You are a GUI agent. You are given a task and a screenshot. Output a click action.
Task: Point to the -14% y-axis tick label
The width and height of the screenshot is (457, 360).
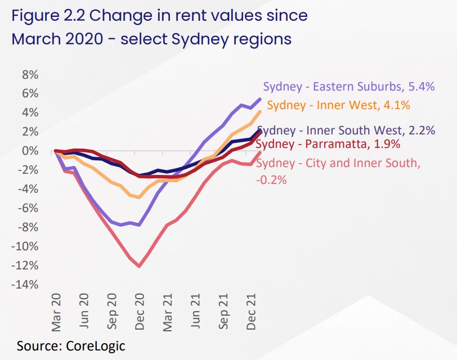27,285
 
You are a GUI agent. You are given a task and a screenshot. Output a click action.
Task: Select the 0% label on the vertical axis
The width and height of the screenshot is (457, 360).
30,151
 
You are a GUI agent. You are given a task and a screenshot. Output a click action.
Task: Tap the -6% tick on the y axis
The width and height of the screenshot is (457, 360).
29,208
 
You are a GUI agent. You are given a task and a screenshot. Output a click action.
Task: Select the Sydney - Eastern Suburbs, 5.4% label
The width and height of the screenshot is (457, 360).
349,87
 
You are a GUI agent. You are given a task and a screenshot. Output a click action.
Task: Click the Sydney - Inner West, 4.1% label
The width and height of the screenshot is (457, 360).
338,105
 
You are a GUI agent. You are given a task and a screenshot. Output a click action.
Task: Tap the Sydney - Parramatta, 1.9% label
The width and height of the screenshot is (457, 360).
328,144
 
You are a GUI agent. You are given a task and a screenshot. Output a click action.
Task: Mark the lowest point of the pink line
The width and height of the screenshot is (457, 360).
138,266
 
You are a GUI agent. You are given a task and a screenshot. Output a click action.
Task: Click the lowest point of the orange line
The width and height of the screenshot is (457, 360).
138,197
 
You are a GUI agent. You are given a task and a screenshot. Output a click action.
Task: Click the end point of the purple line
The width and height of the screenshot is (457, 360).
260,99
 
